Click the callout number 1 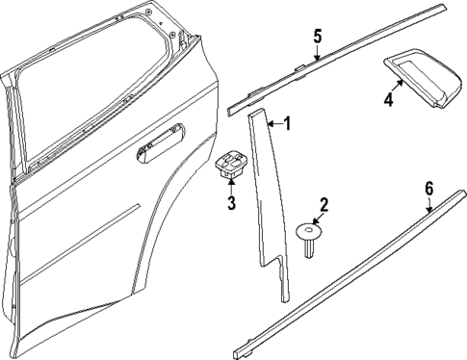pos(285,123)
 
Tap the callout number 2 pos(324,204)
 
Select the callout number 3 pos(231,203)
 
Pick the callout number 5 pos(317,38)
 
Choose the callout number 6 pos(428,188)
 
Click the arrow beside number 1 pos(273,123)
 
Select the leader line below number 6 pos(430,202)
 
